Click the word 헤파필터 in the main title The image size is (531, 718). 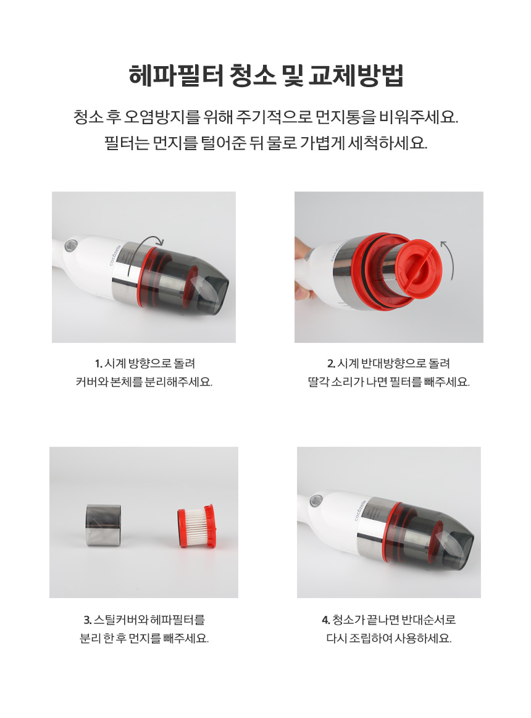176,75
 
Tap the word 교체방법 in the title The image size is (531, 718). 356,75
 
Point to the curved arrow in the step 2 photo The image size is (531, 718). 448,259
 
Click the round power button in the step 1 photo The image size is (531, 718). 70,245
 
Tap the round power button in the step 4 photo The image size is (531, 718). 316,500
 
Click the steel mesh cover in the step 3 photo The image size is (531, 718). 104,525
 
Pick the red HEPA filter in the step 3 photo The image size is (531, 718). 196,526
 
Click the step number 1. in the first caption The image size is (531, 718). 98,364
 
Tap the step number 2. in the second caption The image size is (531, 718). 332,364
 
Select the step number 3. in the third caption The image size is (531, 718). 88,620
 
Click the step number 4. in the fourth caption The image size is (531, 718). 325,620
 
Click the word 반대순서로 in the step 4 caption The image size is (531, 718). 429,620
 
